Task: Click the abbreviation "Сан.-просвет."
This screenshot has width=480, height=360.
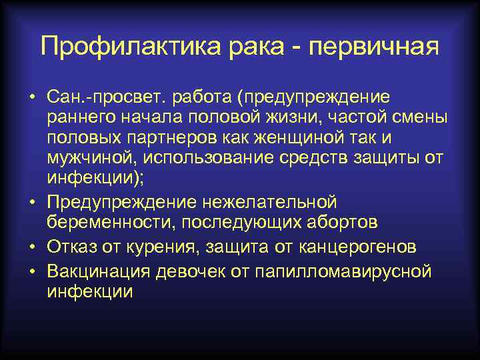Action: coord(107,97)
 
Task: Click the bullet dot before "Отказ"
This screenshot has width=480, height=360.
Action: coord(31,247)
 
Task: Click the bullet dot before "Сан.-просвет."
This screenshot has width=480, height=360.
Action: coord(31,97)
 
